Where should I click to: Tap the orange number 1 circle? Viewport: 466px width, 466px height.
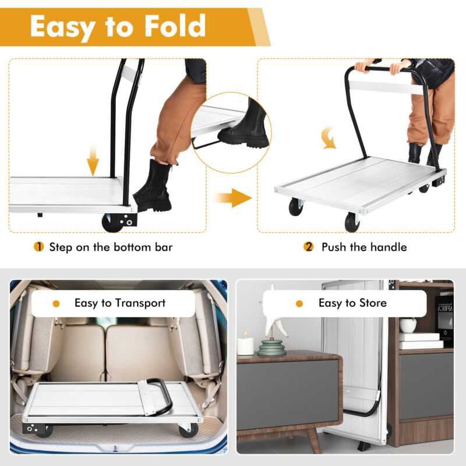38,246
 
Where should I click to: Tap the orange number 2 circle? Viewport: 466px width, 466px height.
309,246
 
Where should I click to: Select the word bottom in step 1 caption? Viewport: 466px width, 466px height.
132,247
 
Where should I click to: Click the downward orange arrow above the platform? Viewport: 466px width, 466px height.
93,160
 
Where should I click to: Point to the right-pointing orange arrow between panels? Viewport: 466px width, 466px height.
234,197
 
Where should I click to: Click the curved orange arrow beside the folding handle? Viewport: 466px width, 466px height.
329,138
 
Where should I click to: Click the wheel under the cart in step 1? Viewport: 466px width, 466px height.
112,223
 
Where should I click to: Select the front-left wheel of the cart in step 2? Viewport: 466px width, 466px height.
296,207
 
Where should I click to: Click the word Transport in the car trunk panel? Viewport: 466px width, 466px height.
140,303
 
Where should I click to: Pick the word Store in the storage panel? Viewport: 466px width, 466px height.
373,303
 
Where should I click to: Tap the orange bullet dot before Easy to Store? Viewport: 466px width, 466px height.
299,303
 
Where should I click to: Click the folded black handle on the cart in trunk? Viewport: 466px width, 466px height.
159,397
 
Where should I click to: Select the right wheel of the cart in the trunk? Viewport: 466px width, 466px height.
189,430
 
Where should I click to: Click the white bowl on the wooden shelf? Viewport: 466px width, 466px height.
408,326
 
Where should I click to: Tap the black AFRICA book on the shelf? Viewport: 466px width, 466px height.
444,321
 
